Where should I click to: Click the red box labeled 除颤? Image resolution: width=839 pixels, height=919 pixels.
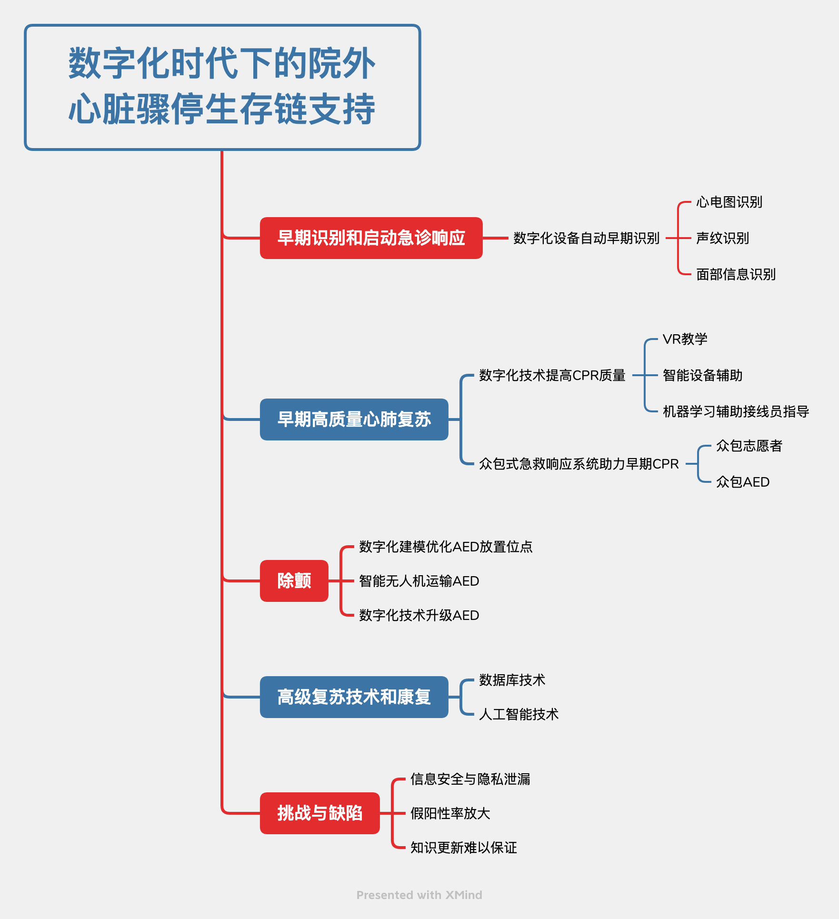coord(294,580)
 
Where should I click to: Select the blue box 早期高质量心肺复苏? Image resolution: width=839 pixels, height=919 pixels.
coord(354,419)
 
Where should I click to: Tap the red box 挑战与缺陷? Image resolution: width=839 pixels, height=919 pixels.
coord(320,813)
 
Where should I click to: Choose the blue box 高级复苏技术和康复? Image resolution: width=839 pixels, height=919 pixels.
coord(354,697)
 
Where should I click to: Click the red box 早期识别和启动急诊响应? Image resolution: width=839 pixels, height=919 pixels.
coord(371,238)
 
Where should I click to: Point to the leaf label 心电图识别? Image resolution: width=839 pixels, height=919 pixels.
coord(729,202)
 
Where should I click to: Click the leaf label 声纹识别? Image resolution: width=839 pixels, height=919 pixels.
coord(722,238)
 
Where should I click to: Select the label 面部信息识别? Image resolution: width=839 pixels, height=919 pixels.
coord(736,274)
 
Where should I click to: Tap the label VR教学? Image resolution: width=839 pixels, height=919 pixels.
coord(685,339)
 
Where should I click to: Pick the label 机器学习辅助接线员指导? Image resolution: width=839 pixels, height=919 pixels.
coord(736,411)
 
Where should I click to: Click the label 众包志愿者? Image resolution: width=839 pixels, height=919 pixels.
coord(749,446)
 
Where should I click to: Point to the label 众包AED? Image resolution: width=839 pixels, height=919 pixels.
coord(742,482)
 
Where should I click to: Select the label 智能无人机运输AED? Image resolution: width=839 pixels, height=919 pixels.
coord(419,581)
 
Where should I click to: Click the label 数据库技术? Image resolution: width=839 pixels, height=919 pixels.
coord(512,680)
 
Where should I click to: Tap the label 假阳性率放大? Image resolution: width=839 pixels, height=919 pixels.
coord(450,813)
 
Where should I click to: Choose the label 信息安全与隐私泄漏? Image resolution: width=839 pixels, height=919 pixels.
coord(470,779)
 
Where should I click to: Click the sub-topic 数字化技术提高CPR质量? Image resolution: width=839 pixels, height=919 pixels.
coord(552,375)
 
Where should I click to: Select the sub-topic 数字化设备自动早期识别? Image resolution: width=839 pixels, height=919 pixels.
coord(586,238)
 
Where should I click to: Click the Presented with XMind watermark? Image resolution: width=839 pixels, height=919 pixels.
coord(419,895)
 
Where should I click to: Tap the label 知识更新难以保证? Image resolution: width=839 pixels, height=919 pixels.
coord(463,848)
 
